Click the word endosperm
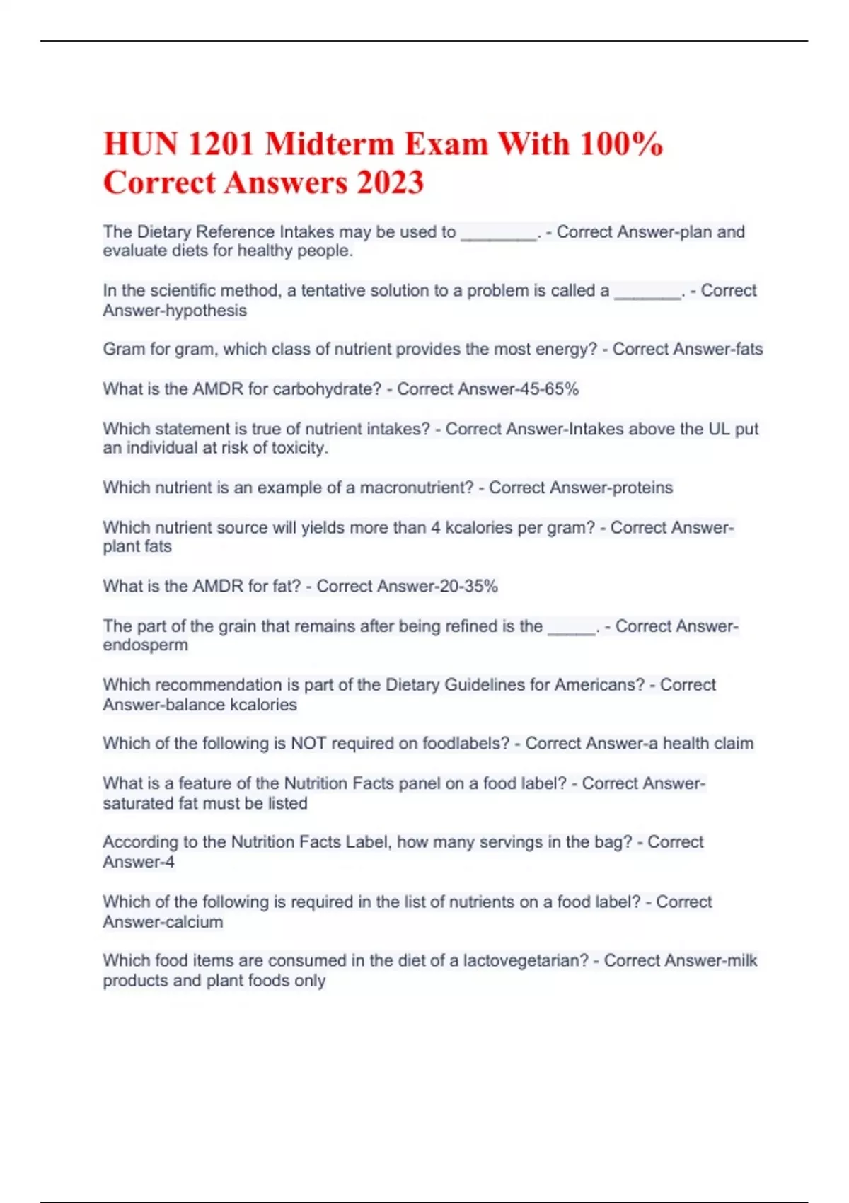click(x=146, y=645)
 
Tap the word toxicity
click(x=300, y=448)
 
